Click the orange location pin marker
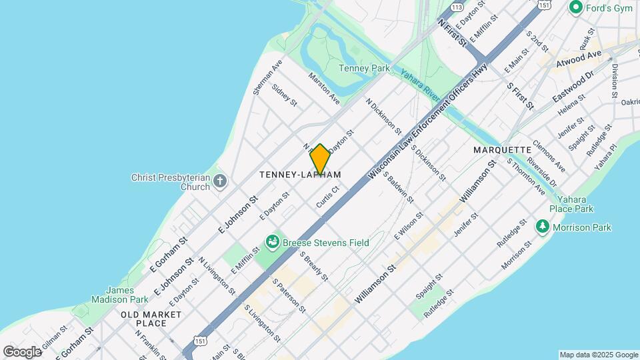[320, 160]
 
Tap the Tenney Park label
[364, 68]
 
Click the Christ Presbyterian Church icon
[220, 181]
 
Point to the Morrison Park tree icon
[543, 227]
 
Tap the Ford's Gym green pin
[575, 8]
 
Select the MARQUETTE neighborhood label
[502, 150]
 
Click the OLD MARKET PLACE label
[151, 319]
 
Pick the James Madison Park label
[123, 295]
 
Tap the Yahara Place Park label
[571, 203]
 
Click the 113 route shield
[457, 7]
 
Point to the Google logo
[21, 351]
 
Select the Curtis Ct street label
[329, 197]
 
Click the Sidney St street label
[284, 95]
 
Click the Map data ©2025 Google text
[597, 355]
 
